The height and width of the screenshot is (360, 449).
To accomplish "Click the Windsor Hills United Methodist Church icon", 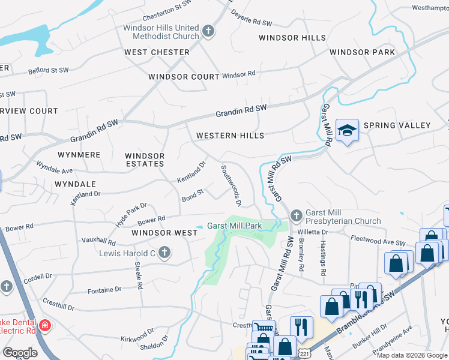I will coord(208,32).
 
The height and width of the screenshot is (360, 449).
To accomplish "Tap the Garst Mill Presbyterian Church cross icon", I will coord(296,216).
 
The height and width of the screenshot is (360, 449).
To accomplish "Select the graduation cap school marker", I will coord(346,131).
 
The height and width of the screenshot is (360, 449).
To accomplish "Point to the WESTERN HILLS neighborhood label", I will coord(230,136).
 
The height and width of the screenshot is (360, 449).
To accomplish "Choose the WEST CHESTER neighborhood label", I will coord(157,52).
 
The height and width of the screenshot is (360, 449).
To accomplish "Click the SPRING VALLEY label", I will coord(402,125).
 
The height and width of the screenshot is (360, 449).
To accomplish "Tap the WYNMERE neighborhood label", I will coord(79,155).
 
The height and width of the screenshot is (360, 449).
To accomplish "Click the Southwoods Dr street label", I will coord(231,186).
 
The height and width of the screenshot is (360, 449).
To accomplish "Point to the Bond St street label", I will coord(193,196).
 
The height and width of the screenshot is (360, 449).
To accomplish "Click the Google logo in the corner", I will coord(20,352).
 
